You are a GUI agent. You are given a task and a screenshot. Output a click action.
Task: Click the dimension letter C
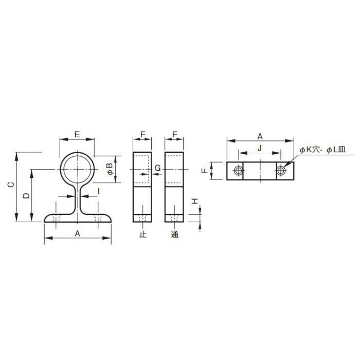tap(11, 184)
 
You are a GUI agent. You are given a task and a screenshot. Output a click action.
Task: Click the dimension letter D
tap(27, 195)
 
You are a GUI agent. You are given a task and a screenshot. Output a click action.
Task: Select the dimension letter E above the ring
tap(77, 134)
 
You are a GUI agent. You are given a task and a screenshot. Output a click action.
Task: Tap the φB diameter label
tap(111, 169)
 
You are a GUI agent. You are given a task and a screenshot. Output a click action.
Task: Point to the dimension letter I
tap(99, 191)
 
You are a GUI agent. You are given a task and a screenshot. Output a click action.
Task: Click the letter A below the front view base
tap(77, 233)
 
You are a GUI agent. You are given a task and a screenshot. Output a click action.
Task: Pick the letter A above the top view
tap(260, 136)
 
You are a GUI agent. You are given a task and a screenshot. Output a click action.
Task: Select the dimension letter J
tap(260, 148)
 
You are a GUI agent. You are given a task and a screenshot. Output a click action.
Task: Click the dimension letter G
tap(158, 168)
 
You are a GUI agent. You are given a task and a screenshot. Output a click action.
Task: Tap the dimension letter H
tap(195, 202)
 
